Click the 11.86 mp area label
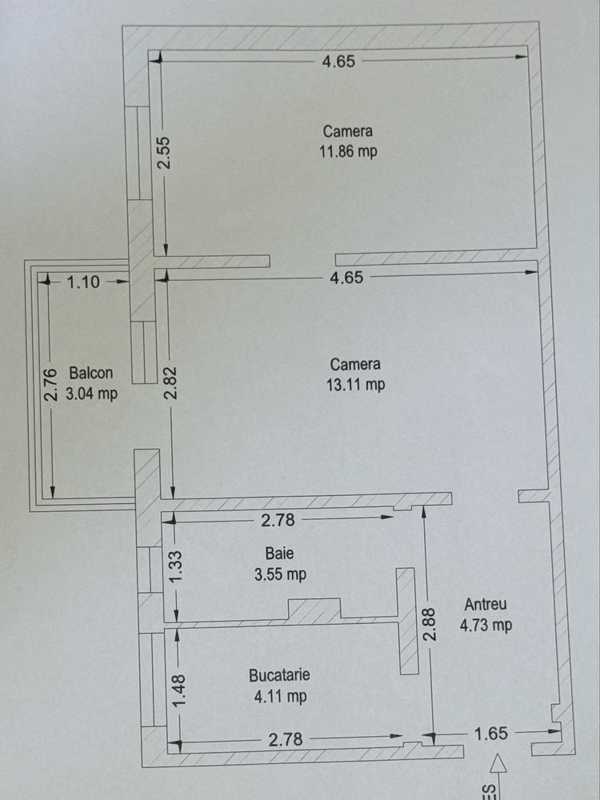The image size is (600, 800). tap(347, 151)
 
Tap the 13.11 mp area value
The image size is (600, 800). tap(355, 384)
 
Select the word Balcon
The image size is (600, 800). tap(90, 373)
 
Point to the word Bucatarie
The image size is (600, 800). tap(279, 676)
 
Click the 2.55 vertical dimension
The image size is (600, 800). tap(164, 152)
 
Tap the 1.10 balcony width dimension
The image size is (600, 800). tap(83, 282)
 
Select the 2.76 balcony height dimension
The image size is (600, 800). tap(50, 384)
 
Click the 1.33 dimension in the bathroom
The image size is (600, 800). tap(178, 566)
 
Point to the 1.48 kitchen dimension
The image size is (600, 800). tap(178, 690)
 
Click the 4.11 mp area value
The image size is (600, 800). tap(280, 697)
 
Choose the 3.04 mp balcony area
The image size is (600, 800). tap(92, 393)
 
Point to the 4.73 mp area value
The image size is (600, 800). tap(486, 626)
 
